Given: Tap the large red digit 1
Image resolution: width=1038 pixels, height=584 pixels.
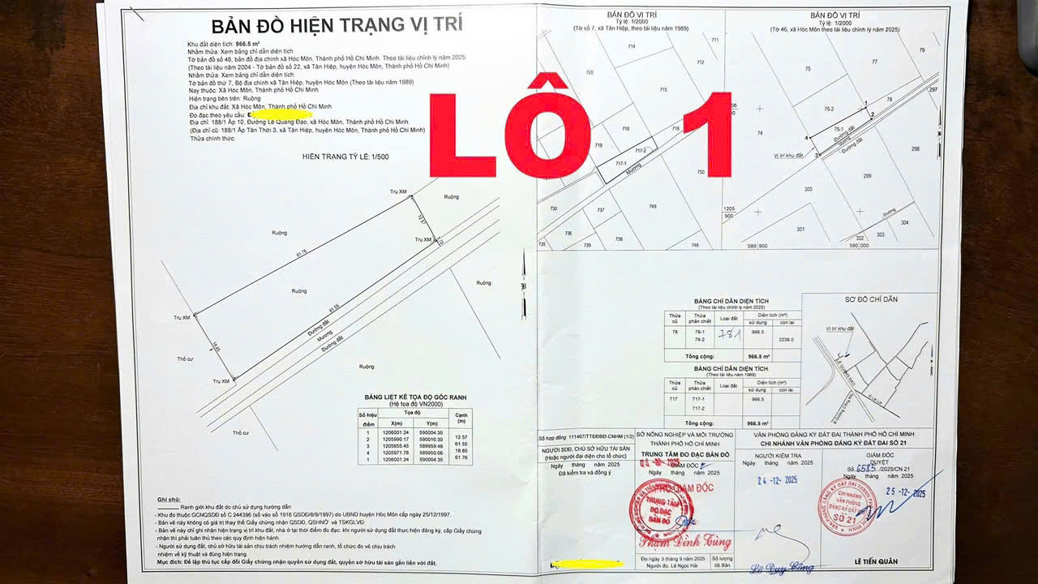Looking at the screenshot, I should (707, 135).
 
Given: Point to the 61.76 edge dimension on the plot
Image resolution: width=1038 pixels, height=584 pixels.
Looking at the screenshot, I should (301, 253).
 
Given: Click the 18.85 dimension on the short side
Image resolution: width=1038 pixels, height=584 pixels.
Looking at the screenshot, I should (216, 347).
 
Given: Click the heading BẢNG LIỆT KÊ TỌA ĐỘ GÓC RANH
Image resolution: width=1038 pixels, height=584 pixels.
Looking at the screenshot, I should (415, 397).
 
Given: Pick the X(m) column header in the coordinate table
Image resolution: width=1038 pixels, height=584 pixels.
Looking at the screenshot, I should (397, 423).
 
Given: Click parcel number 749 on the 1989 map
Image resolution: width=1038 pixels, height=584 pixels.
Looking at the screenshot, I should (652, 207).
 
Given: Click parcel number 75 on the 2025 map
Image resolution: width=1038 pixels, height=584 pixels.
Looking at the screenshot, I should (808, 70).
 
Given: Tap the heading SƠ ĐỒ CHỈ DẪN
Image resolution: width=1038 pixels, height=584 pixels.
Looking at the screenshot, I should (870, 299).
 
